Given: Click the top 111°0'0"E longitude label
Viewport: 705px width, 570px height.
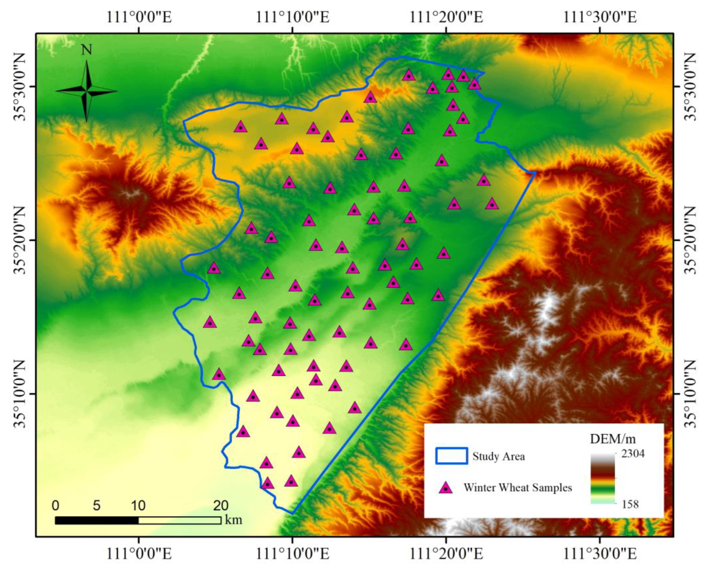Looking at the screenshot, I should click(139, 17).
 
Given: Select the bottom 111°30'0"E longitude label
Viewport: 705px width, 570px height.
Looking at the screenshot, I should click(600, 554).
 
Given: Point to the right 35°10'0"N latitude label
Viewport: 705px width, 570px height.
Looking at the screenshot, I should click(690, 394).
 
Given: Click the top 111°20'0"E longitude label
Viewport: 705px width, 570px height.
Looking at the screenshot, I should click(446, 17).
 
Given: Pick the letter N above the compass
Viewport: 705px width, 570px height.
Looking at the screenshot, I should click(87, 50).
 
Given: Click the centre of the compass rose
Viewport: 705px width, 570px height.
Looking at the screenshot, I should click(87, 91).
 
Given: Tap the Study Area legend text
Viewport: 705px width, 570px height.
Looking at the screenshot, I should click(498, 456).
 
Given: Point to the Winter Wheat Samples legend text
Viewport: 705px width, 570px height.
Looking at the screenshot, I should click(517, 488).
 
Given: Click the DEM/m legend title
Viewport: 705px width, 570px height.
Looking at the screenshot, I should click(612, 439).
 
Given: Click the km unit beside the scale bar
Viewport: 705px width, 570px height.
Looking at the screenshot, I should click(233, 520).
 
